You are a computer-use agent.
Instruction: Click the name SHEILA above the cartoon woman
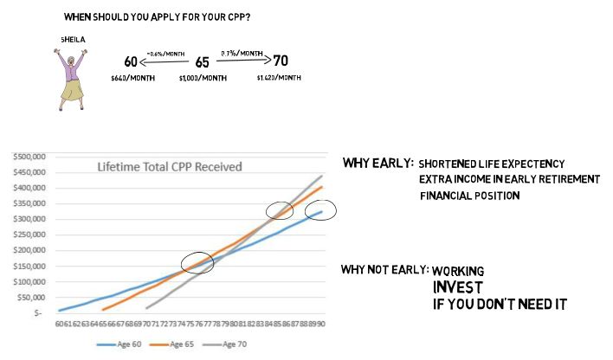tap(74, 40)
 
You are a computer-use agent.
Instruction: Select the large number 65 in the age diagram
tap(203, 62)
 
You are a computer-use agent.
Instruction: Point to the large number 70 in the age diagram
tap(281, 61)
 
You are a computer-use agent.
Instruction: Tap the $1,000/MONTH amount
tap(203, 78)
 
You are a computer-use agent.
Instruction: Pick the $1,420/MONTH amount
tap(279, 78)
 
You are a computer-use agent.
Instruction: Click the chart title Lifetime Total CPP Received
tap(170, 166)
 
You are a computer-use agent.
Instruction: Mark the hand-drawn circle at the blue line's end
tap(320, 209)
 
